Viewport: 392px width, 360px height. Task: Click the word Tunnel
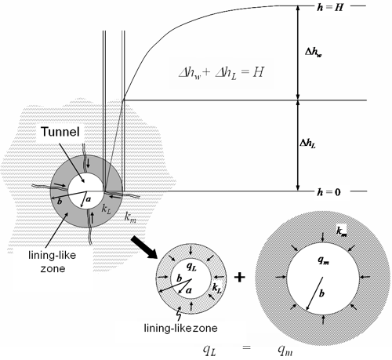[x=60, y=132]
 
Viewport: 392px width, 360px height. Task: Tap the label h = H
[x=330, y=8]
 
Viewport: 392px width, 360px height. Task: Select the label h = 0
[x=329, y=192]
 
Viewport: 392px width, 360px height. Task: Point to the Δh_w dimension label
[x=314, y=53]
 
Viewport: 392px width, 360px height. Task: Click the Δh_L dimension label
[x=307, y=143]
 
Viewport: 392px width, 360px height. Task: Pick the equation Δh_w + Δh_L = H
[x=221, y=73]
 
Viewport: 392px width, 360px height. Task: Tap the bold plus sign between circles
[x=239, y=278]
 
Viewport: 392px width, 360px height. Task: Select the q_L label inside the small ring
[x=191, y=266]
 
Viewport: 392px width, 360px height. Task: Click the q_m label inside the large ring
[x=324, y=260]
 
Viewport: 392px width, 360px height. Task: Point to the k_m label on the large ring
[x=342, y=231]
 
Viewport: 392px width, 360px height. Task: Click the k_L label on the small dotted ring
[x=216, y=288]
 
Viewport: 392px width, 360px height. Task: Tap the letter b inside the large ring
[x=321, y=293]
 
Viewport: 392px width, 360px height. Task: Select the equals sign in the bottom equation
[x=246, y=347]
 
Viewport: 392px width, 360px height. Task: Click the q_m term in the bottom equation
[x=285, y=351]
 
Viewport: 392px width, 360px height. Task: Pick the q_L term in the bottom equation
[x=209, y=351]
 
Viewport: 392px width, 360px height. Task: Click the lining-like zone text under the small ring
[x=180, y=328]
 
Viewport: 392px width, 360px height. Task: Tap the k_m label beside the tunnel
[x=130, y=217]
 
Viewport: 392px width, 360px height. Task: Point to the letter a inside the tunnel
[x=89, y=199]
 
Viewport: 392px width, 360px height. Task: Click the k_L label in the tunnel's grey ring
[x=107, y=209]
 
